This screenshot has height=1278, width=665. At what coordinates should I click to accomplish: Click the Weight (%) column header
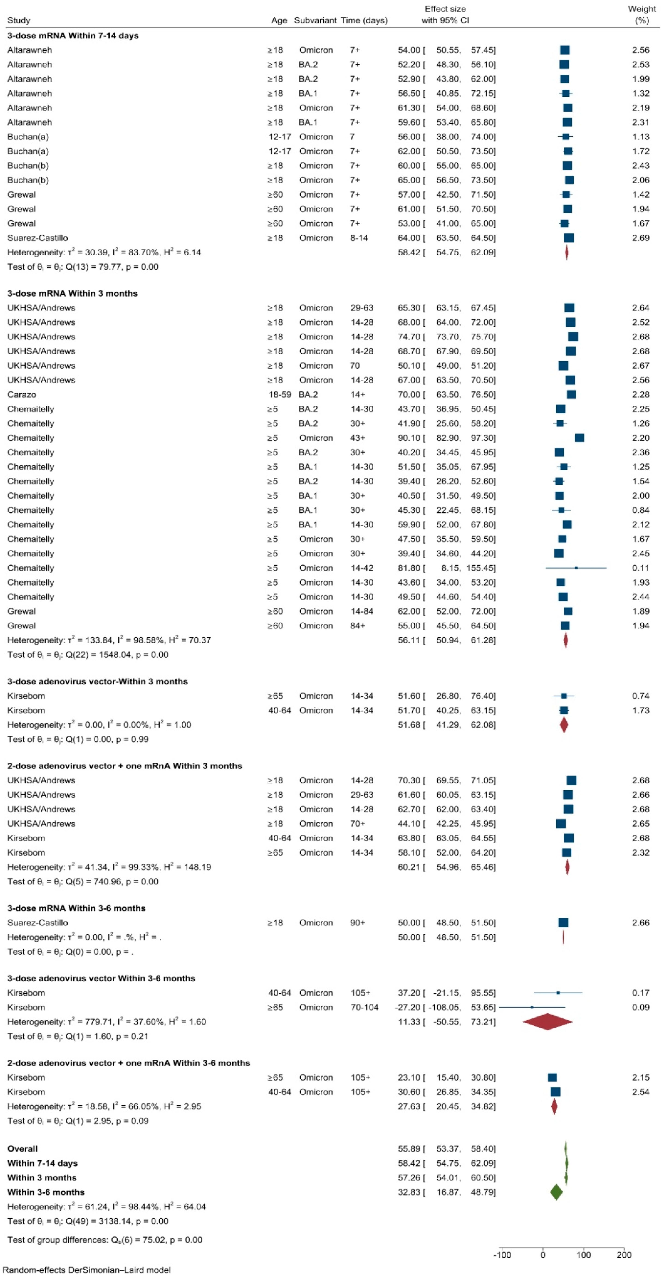pos(642,14)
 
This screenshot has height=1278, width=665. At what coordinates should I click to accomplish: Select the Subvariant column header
pos(315,20)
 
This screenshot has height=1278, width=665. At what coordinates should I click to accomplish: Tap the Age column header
pos(279,20)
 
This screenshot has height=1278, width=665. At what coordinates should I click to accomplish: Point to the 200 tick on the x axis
pos(624,1255)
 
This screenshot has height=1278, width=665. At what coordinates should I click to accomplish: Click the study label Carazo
pos(22,394)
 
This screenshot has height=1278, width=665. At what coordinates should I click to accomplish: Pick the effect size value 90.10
pos(409,438)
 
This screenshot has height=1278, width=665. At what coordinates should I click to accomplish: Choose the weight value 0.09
pos(641,1007)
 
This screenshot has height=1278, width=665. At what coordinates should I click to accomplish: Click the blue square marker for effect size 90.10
pos(579,438)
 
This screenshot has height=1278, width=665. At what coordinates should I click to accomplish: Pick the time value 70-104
pos(364,1007)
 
